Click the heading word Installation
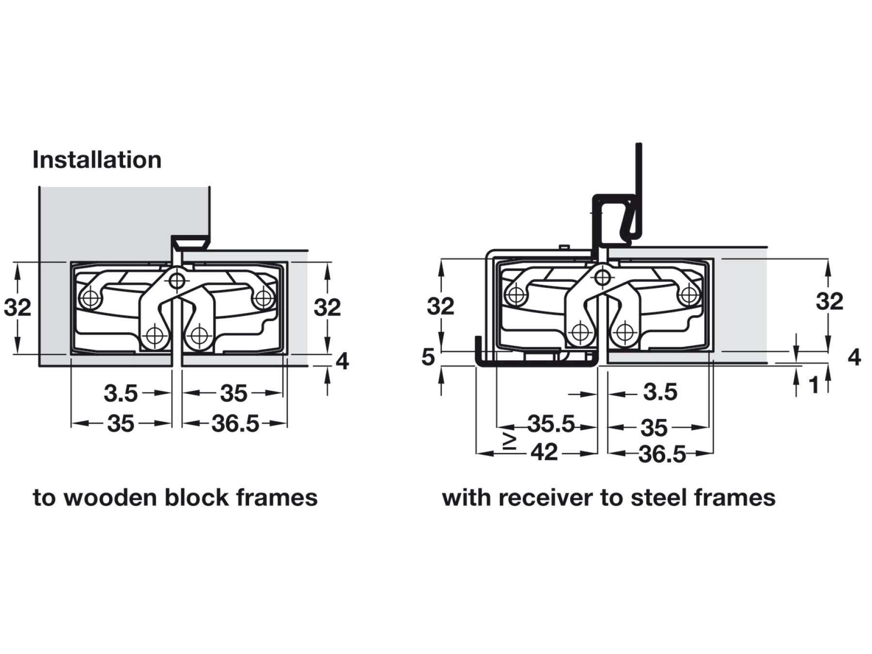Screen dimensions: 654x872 97,160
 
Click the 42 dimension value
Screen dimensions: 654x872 544,452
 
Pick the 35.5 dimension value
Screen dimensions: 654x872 551,424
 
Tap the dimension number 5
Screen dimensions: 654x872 428,357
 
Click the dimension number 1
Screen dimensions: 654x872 814,385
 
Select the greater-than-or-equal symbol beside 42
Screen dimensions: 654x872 510,441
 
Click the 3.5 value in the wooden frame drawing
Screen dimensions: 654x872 121,393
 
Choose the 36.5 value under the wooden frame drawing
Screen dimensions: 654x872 235,424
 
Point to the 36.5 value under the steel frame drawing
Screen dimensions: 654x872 662,454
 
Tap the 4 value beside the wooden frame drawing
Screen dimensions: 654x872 342,361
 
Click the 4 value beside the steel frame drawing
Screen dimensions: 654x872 854,358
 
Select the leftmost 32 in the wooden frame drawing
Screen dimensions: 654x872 17,308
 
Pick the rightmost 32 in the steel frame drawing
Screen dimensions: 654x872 829,302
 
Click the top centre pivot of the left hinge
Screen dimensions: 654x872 177,280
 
